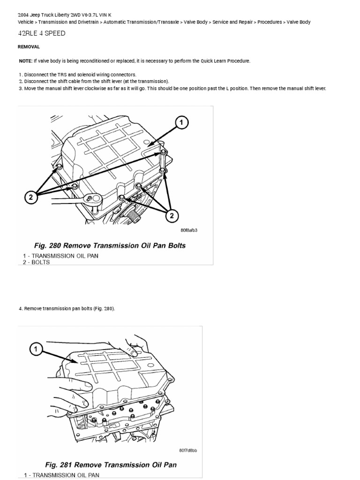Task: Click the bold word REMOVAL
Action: pos(29,47)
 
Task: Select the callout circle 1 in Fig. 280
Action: pos(182,123)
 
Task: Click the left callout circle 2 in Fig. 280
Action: pos(30,197)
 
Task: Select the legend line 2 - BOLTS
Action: pos(36,262)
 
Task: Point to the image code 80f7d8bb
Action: pos(188,450)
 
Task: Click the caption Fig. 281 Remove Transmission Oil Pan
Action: pos(111,465)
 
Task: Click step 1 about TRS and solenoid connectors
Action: pos(77,75)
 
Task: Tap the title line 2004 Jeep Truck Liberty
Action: pos(65,15)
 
